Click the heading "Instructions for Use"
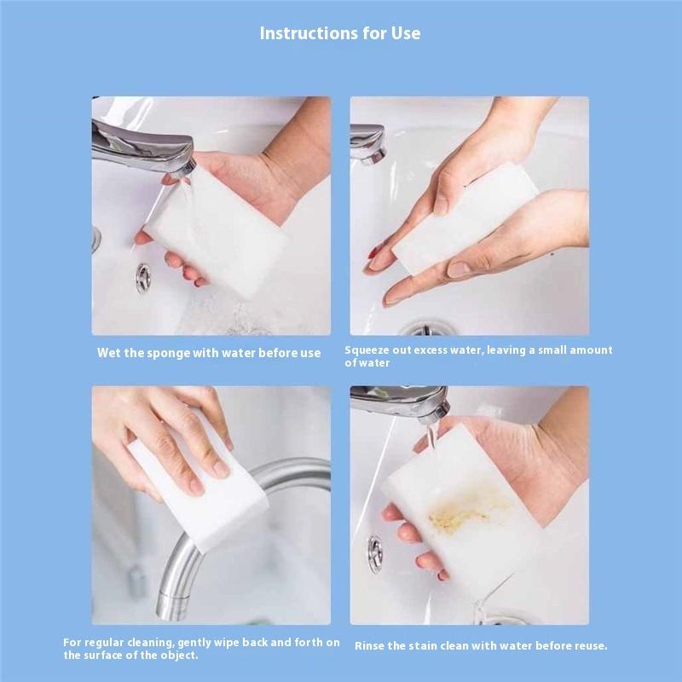(x=340, y=33)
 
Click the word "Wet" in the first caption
(x=109, y=353)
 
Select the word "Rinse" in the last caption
(x=369, y=646)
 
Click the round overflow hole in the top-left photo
(x=143, y=278)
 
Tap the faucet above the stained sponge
(x=400, y=403)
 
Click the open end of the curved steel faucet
(x=173, y=608)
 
